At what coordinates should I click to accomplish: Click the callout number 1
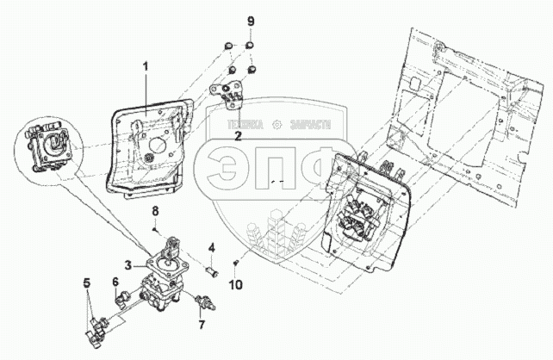pyautogui.click(x=146, y=66)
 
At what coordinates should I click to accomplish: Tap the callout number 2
pyautogui.click(x=238, y=135)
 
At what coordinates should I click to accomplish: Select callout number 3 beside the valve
pyautogui.click(x=127, y=264)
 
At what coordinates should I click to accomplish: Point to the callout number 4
pyautogui.click(x=211, y=249)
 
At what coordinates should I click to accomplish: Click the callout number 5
pyautogui.click(x=85, y=282)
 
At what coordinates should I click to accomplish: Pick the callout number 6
pyautogui.click(x=115, y=282)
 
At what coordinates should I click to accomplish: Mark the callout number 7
pyautogui.click(x=202, y=325)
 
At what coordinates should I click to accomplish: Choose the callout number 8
pyautogui.click(x=155, y=211)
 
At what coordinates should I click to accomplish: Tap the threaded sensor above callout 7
pyautogui.click(x=206, y=302)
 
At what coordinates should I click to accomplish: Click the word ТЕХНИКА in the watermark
pyautogui.click(x=246, y=124)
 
